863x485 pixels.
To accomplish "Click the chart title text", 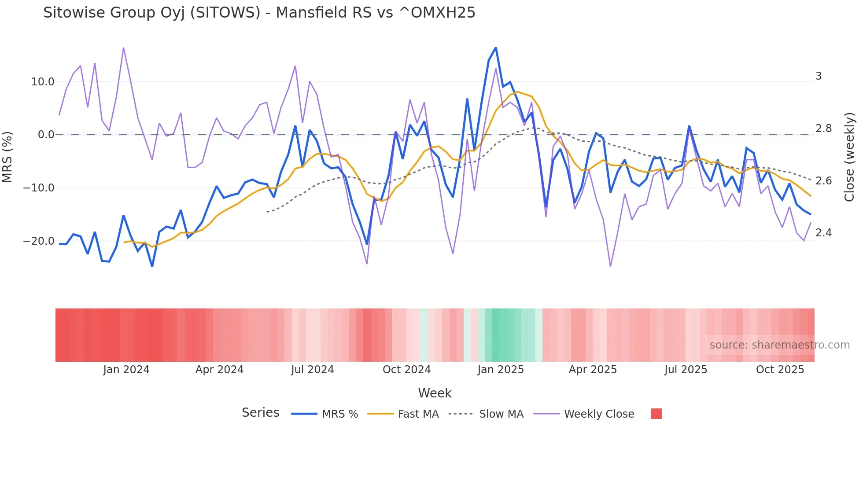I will tap(259, 13).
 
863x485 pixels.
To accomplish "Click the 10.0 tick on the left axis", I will tap(43, 82).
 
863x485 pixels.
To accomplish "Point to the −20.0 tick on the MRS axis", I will tap(39, 241).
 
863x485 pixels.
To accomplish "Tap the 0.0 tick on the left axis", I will tap(46, 135).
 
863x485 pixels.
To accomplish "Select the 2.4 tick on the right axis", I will tap(823, 233).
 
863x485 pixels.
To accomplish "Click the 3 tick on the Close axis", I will tap(819, 76).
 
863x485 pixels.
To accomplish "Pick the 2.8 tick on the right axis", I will tap(823, 129).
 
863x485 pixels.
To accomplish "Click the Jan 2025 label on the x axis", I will tap(501, 370).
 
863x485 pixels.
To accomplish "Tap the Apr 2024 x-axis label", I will tap(219, 370).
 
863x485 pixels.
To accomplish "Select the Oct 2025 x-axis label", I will tap(780, 370).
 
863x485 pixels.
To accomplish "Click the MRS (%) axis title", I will tap(7, 157).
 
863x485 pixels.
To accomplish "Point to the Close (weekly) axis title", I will tap(849, 157).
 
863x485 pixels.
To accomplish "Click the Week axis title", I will tap(435, 393).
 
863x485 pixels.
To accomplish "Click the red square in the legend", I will tap(656, 414).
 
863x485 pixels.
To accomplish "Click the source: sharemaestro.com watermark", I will tap(779, 345).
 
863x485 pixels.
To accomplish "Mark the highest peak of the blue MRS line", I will tap(496, 48).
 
